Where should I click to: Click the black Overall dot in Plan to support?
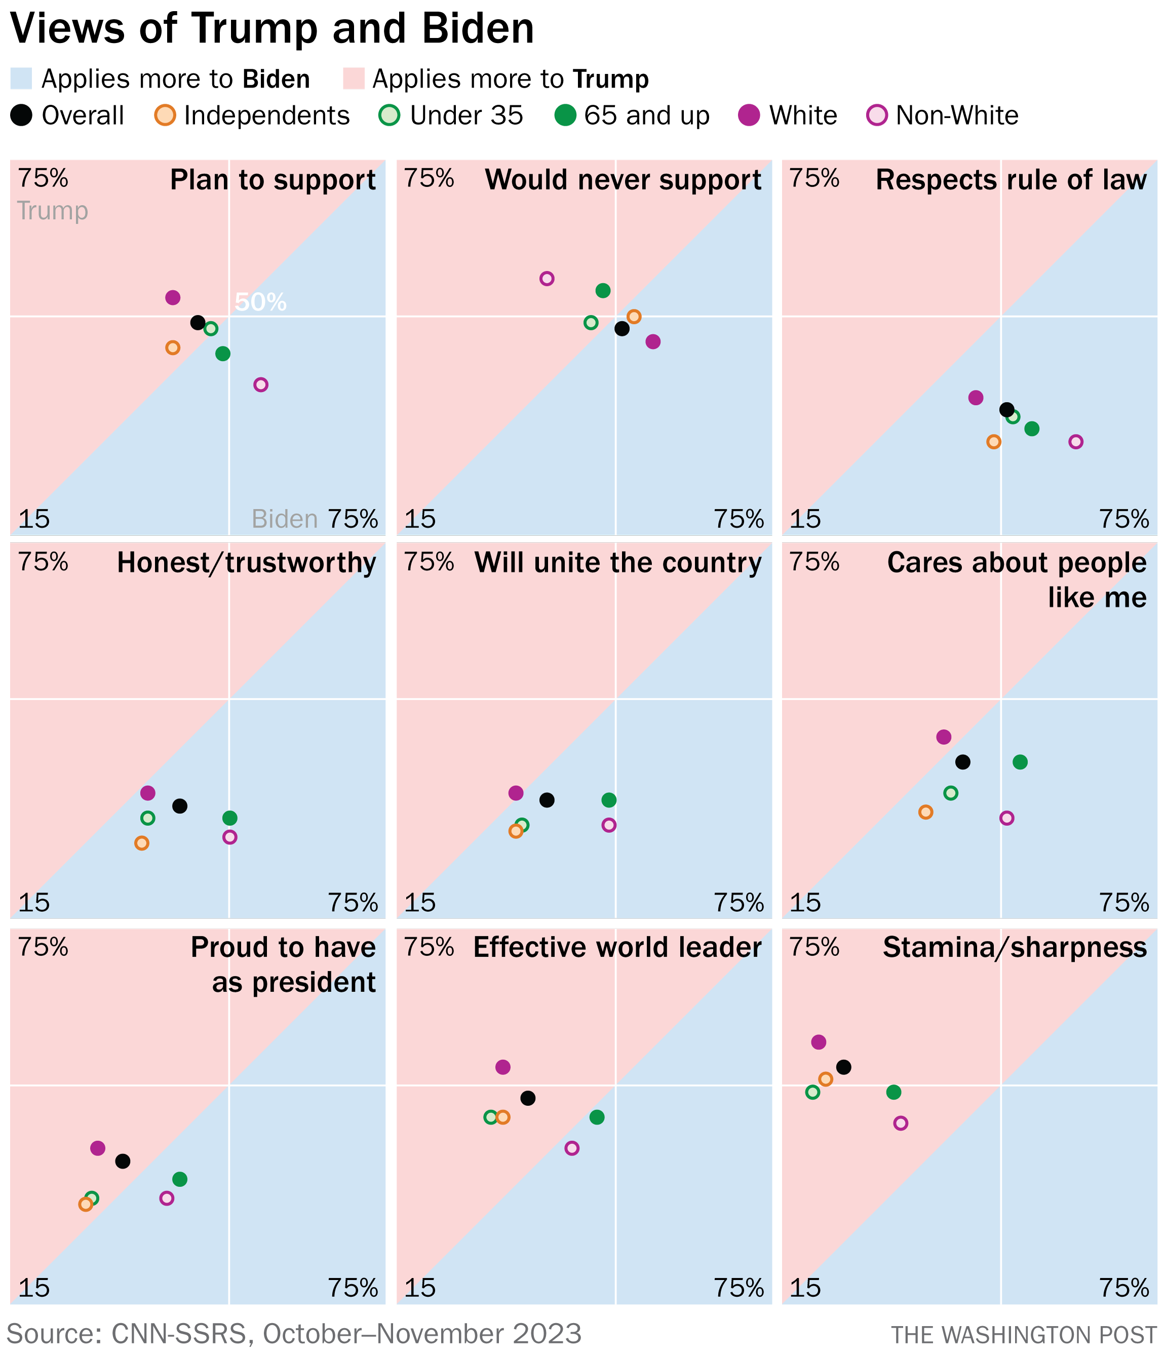tap(198, 323)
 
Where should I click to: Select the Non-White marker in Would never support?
tap(547, 278)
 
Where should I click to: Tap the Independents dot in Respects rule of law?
tap(993, 442)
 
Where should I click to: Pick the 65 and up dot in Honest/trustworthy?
tap(229, 818)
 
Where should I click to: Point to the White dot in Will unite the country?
tap(516, 793)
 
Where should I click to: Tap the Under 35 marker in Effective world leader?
tap(491, 1117)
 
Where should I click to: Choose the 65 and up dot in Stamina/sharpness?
tap(894, 1092)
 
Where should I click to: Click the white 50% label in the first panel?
tap(260, 302)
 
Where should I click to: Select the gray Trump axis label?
tap(52, 211)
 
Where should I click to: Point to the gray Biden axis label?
tap(285, 519)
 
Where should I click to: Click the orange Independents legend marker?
tap(166, 116)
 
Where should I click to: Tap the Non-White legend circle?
tap(876, 116)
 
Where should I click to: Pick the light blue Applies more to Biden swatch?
tap(21, 79)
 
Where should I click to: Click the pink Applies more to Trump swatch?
tap(353, 79)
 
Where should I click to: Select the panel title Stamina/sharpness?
tap(1014, 947)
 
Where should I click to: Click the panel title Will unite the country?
tap(617, 563)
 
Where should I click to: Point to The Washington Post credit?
tap(1024, 1335)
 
